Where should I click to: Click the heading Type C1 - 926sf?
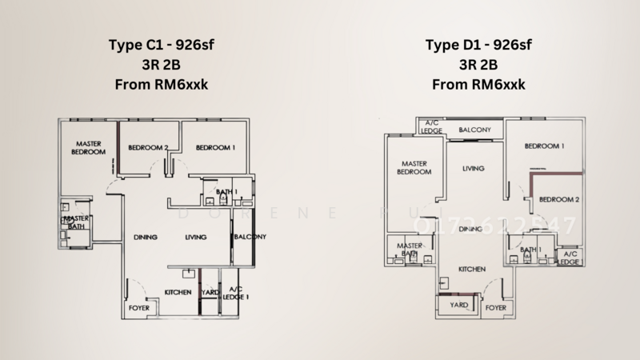pos(159,46)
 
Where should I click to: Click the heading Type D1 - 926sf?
pos(478,46)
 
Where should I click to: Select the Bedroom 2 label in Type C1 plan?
pos(149,148)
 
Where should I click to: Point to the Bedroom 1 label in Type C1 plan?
pos(215,148)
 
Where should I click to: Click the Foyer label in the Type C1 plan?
pos(138,307)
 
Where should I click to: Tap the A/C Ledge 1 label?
pos(235,293)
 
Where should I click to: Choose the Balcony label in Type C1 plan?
pos(249,237)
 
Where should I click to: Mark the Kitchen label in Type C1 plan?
pos(178,293)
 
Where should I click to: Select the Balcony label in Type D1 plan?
pos(474,130)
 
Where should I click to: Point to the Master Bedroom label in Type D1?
pos(415,167)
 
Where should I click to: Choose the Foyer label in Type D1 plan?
pos(496,306)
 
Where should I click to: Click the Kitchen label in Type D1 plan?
pos(471,270)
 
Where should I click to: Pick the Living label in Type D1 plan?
pos(474,169)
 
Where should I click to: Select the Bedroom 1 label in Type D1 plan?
pos(545,146)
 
